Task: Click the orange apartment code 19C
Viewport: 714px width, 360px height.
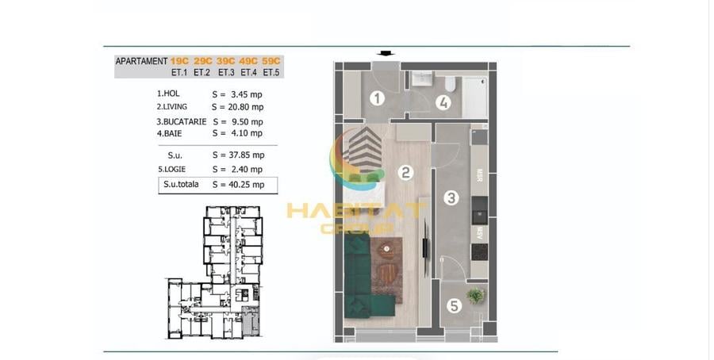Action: tap(180, 61)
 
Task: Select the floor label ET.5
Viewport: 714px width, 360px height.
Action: tap(271, 72)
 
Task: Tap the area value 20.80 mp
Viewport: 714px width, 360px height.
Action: tap(245, 107)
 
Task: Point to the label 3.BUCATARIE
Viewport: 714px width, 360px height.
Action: tap(181, 121)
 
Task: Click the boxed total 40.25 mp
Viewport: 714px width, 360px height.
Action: tap(247, 184)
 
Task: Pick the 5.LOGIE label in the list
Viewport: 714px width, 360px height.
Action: tap(171, 169)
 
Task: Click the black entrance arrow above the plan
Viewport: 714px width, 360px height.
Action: tap(386, 54)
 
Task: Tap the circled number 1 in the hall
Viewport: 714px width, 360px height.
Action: tap(377, 98)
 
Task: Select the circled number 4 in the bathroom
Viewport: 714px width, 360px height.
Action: tap(443, 103)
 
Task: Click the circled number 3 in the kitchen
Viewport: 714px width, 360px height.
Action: tap(451, 198)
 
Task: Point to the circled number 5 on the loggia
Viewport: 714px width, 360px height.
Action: tap(454, 306)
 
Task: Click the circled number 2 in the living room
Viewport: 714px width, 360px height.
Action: tap(405, 173)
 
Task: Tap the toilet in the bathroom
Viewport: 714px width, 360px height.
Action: tap(450, 83)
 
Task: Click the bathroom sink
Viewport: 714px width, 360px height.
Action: tap(423, 79)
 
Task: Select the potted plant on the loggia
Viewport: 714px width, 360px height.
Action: tap(476, 296)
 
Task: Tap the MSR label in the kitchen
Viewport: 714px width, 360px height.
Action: tap(479, 175)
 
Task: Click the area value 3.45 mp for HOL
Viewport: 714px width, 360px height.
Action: tap(248, 94)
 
